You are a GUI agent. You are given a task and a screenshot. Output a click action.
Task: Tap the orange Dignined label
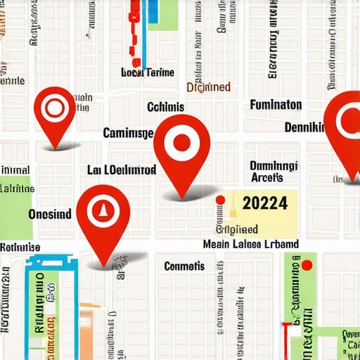208,87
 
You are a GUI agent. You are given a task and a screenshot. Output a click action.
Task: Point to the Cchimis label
166,107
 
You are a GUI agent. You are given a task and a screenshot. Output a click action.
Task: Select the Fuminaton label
276,105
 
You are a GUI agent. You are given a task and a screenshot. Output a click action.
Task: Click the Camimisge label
128,133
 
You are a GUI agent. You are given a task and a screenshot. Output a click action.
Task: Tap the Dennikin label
304,127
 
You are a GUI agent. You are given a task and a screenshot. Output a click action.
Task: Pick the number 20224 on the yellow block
264,203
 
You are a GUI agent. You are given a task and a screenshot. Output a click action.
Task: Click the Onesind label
49,214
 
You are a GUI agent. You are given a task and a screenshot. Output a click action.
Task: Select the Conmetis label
184,266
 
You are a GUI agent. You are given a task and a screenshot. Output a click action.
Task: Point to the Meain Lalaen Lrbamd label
251,244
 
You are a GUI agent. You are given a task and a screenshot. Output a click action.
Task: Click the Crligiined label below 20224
236,229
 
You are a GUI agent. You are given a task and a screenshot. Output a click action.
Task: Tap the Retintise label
20,247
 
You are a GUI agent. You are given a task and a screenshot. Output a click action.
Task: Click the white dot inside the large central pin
181,143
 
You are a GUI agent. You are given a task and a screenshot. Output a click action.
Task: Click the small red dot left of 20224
220,200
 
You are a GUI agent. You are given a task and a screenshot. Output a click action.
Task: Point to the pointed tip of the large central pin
182,198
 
